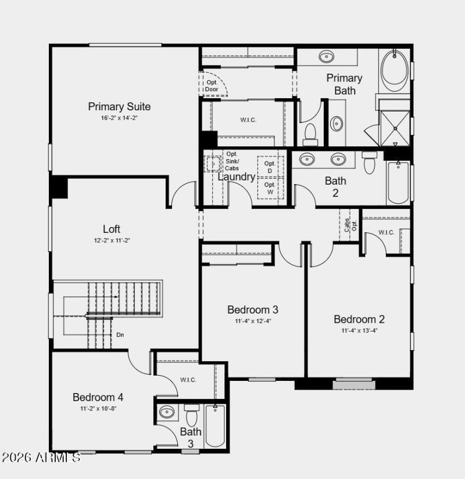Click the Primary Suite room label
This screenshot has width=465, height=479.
(x=119, y=107)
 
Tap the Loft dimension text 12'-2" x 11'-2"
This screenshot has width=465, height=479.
(x=112, y=240)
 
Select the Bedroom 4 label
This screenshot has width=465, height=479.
(x=98, y=398)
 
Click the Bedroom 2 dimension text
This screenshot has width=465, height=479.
(x=359, y=331)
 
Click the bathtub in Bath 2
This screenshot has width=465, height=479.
(x=398, y=182)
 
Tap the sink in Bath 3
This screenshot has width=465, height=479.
(x=167, y=413)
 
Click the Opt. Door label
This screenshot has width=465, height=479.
(x=212, y=86)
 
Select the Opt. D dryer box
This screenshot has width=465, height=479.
(x=270, y=167)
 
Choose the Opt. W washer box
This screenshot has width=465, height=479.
(x=270, y=188)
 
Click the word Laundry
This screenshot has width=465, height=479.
(x=237, y=177)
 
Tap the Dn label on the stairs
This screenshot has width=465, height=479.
(x=120, y=335)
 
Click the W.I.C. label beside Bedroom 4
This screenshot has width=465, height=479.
(x=188, y=380)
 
